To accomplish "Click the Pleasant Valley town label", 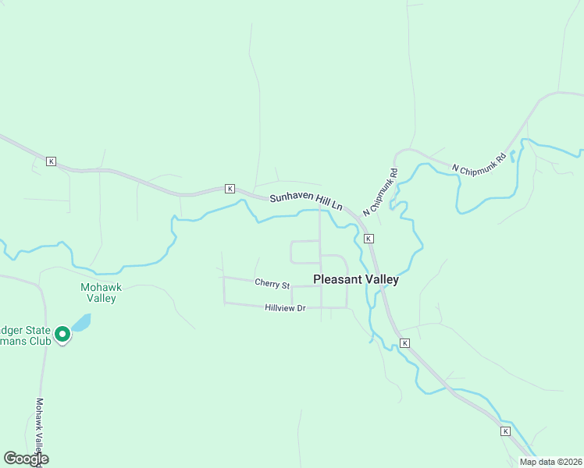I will (x=355, y=279).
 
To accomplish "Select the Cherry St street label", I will (x=272, y=283).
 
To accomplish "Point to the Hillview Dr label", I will (x=285, y=308).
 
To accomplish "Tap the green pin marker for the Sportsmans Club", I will (x=62, y=335).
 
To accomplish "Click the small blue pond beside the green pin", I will (x=81, y=322).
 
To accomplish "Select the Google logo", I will (x=26, y=459).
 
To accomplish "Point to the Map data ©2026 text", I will (x=550, y=461).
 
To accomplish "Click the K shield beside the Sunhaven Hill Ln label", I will (x=230, y=189).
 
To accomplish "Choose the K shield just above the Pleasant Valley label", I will (x=368, y=238).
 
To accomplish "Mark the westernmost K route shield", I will (x=51, y=161).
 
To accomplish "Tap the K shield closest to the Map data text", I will (x=505, y=431).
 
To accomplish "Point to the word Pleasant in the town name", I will (x=337, y=279).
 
